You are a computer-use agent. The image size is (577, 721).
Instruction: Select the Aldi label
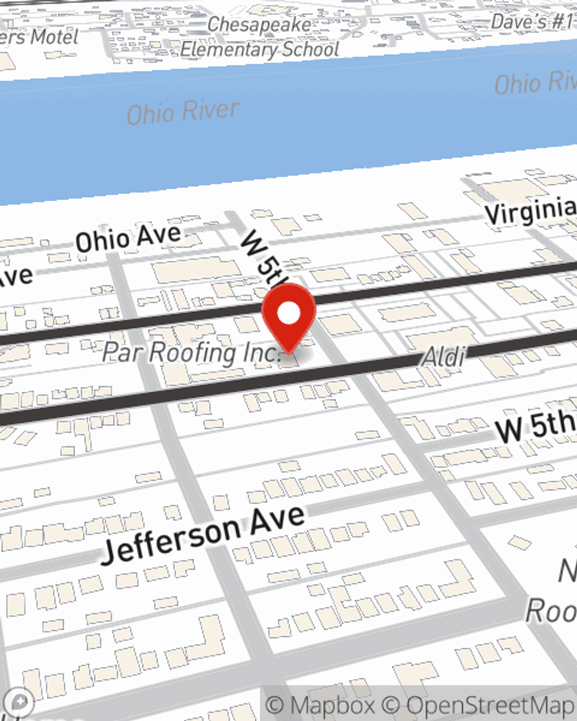(x=443, y=357)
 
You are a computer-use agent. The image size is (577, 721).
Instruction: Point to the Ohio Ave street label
(x=128, y=237)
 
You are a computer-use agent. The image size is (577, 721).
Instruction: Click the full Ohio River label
(x=182, y=112)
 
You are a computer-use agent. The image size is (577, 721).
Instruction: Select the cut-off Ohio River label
(x=535, y=83)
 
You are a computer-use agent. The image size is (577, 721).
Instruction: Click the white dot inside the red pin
(x=288, y=313)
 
